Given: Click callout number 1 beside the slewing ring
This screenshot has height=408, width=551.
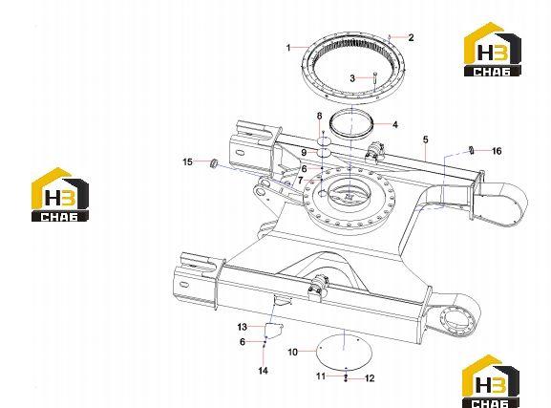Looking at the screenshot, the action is (288, 48).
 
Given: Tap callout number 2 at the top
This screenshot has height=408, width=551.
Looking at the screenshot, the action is (412, 37).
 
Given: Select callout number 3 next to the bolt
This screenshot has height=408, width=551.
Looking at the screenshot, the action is (352, 78).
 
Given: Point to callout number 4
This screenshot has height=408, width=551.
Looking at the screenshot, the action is (395, 125).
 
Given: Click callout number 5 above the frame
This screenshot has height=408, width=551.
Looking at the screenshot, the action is (426, 140).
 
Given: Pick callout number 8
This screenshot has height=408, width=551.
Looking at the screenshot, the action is (319, 116).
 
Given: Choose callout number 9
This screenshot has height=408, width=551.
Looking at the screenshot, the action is (304, 153).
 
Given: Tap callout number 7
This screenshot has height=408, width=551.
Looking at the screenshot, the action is (301, 181).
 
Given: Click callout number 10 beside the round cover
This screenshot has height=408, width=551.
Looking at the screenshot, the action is (293, 352).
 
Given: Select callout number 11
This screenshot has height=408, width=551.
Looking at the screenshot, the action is (321, 376).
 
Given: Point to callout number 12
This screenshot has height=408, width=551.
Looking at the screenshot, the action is (370, 378).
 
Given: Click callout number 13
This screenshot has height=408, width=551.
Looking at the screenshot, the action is (243, 327).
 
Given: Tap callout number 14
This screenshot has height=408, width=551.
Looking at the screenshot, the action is (263, 371).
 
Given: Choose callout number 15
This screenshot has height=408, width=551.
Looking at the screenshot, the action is (188, 161).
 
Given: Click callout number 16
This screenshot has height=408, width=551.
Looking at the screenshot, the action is (497, 151).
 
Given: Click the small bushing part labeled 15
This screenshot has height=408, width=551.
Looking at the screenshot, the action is (213, 163).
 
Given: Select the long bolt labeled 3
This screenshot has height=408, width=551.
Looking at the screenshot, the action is (375, 81).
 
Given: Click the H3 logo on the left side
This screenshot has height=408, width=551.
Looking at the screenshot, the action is (60, 195).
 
